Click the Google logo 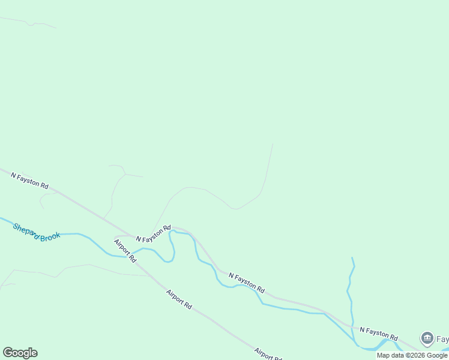pos(20,353)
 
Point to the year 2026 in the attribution pos(416,355)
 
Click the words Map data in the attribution pos(391,355)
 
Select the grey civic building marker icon pos(427,338)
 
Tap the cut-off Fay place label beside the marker pos(442,339)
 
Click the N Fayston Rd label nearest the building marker pos(379,334)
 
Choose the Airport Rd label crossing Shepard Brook pos(125,251)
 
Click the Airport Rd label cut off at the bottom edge pos(267,353)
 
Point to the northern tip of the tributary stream pos(352,257)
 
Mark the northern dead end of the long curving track pos(273,145)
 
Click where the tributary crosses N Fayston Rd pos(353,327)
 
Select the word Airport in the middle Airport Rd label pos(175,296)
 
